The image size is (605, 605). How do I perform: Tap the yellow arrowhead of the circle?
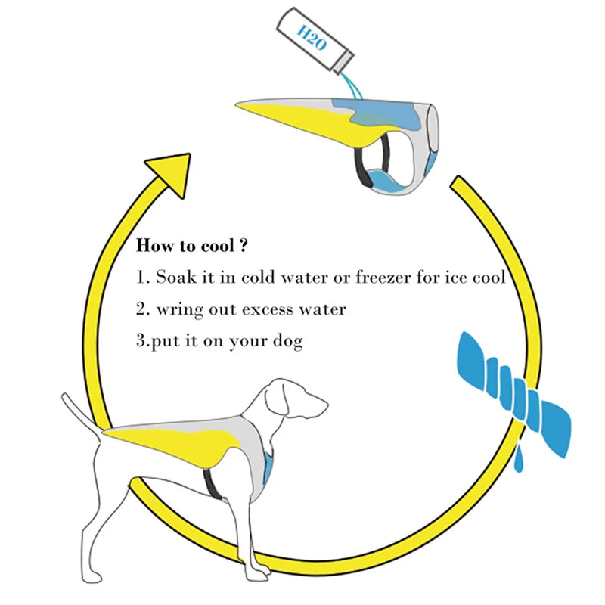[x=169, y=169]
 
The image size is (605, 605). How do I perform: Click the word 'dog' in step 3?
[x=288, y=341]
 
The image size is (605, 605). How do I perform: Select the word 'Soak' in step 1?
[x=174, y=277]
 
